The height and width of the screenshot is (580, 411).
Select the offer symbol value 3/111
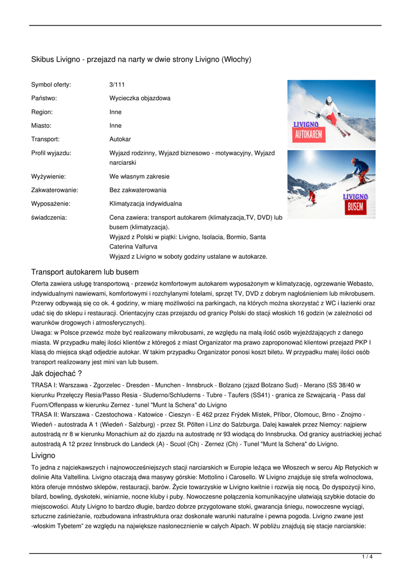coord(117,85)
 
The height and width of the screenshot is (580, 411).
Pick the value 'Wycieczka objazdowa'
coord(139,99)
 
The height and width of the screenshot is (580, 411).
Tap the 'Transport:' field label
coord(45,139)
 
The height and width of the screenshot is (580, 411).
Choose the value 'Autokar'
coord(120,139)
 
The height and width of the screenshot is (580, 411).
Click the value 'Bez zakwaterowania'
coord(138,190)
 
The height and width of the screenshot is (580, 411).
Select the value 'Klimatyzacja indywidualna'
coord(145,204)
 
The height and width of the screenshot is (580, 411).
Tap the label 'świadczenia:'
coord(49,217)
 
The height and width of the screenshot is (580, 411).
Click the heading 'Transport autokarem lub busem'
coord(84,272)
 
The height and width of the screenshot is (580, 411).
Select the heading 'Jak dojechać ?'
coord(56,373)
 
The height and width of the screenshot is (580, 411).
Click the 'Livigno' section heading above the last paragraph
coord(43,455)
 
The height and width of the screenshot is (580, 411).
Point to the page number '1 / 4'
coord(367,557)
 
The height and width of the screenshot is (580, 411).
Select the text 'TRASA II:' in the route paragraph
coord(45,415)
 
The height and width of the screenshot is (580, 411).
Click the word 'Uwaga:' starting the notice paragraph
coord(41,332)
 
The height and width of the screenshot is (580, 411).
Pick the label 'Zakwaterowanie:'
coord(54,190)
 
